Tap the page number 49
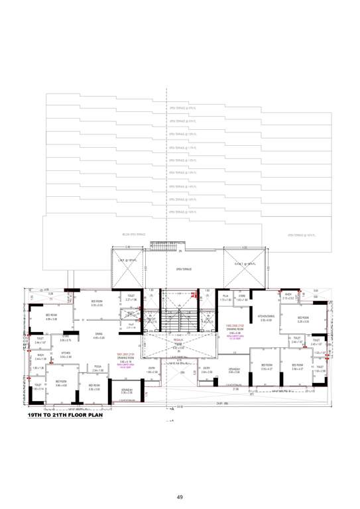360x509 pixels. tap(179, 496)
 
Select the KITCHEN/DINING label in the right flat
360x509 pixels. tap(265, 317)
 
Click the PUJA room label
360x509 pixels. tap(225, 296)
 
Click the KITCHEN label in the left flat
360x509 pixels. tap(66, 353)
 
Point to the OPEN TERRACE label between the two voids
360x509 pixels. tap(184, 270)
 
